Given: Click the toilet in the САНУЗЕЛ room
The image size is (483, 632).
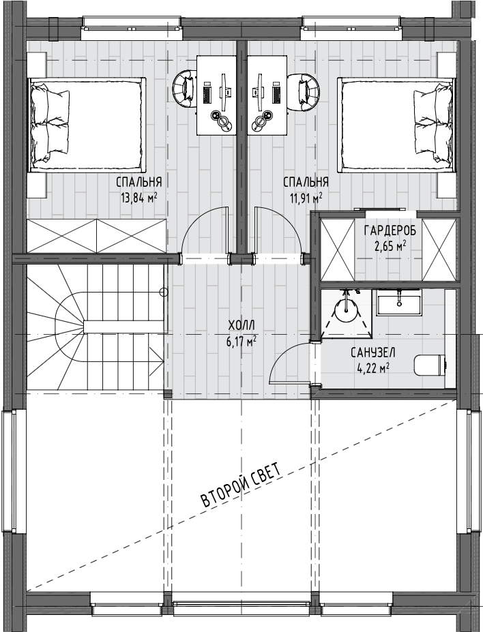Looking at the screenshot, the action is pos(430,364).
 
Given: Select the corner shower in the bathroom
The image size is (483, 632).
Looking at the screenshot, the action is pos(347,313).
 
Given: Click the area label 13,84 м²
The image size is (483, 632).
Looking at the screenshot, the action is pos(138,198).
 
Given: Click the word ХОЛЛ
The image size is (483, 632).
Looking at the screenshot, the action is pos(241,325).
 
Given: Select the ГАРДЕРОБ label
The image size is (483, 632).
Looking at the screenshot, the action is pos(390,231).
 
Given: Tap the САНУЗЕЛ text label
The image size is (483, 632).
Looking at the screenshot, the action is pos(373,353).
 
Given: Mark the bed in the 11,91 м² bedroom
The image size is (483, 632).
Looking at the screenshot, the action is pos(396,125).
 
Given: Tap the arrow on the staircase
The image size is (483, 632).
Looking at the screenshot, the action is pos(157,355).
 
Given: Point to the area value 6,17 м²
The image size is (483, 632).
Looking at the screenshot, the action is pos(241,342).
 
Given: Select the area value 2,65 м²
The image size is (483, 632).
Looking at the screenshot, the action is pos(390,246).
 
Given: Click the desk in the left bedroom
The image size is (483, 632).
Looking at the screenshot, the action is pos(216,95).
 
